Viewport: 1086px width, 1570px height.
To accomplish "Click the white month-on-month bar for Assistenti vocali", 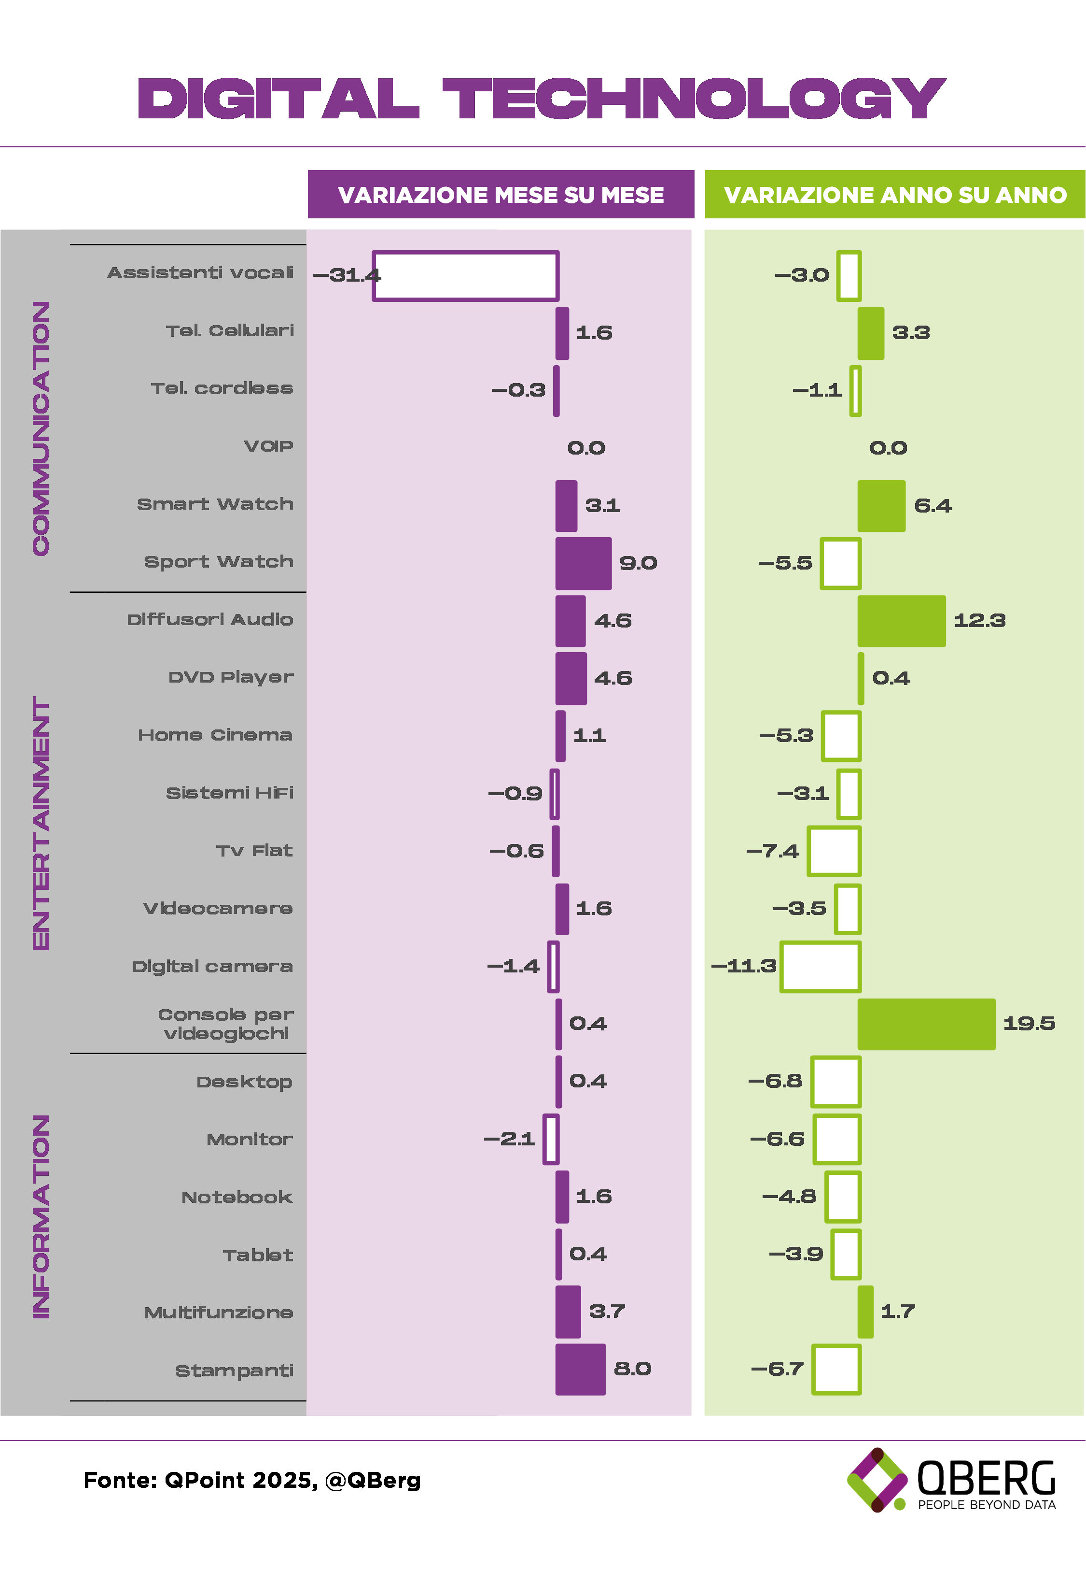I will tap(465, 276).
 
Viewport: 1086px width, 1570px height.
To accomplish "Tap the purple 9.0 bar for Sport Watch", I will tap(583, 564).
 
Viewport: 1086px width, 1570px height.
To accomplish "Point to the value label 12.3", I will tap(979, 620).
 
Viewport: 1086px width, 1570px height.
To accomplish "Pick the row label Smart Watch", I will tap(215, 504).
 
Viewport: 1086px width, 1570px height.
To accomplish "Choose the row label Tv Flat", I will tap(254, 851).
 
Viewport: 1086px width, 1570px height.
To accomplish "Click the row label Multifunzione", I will tap(219, 1313).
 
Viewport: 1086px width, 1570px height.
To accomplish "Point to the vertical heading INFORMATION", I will tap(42, 1217).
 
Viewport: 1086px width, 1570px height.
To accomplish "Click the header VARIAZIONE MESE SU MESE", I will tap(501, 195).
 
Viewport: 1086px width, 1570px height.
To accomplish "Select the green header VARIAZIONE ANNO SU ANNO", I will tap(895, 195).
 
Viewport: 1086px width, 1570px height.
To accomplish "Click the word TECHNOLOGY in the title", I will tap(694, 98).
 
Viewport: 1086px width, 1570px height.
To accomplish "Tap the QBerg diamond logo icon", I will tap(877, 1480).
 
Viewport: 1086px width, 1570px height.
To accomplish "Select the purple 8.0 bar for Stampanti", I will tap(581, 1369).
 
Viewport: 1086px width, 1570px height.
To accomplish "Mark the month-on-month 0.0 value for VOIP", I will tap(586, 448).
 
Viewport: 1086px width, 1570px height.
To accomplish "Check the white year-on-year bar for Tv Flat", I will tap(834, 851).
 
